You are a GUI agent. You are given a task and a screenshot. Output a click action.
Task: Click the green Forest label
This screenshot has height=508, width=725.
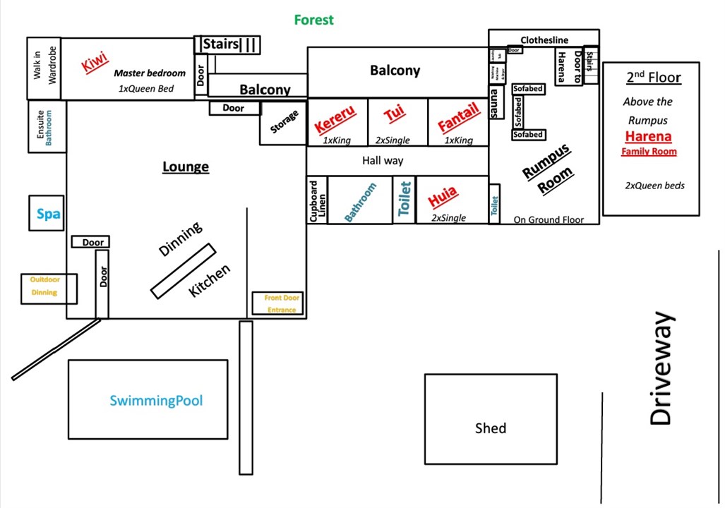314,20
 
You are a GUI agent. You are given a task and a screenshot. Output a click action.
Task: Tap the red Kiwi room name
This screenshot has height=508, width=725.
95,63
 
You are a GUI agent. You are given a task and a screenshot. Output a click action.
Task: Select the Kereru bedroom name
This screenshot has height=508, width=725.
335,119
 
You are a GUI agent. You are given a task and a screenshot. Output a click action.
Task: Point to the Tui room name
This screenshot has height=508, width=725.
394,114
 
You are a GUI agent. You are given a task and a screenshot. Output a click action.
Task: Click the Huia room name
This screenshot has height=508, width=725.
443,197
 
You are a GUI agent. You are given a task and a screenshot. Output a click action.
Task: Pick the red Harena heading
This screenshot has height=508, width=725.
648,136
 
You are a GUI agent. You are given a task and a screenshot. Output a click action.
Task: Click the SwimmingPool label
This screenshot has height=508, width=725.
156,401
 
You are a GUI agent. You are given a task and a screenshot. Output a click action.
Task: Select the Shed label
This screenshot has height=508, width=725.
490,428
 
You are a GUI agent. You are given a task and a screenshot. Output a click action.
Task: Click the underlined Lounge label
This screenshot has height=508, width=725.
186,167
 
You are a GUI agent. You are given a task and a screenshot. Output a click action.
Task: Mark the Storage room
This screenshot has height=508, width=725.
284,123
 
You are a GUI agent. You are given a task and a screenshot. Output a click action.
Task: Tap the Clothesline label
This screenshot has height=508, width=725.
544,40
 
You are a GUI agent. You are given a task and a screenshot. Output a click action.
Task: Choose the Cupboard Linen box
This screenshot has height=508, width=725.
318,200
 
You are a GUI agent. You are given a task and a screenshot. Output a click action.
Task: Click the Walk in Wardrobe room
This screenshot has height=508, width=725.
44,68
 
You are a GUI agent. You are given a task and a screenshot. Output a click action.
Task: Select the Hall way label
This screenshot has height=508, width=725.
383,161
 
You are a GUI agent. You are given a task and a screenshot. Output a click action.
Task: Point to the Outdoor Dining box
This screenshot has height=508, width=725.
45,286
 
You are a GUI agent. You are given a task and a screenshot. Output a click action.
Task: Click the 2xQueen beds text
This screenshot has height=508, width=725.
654,186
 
